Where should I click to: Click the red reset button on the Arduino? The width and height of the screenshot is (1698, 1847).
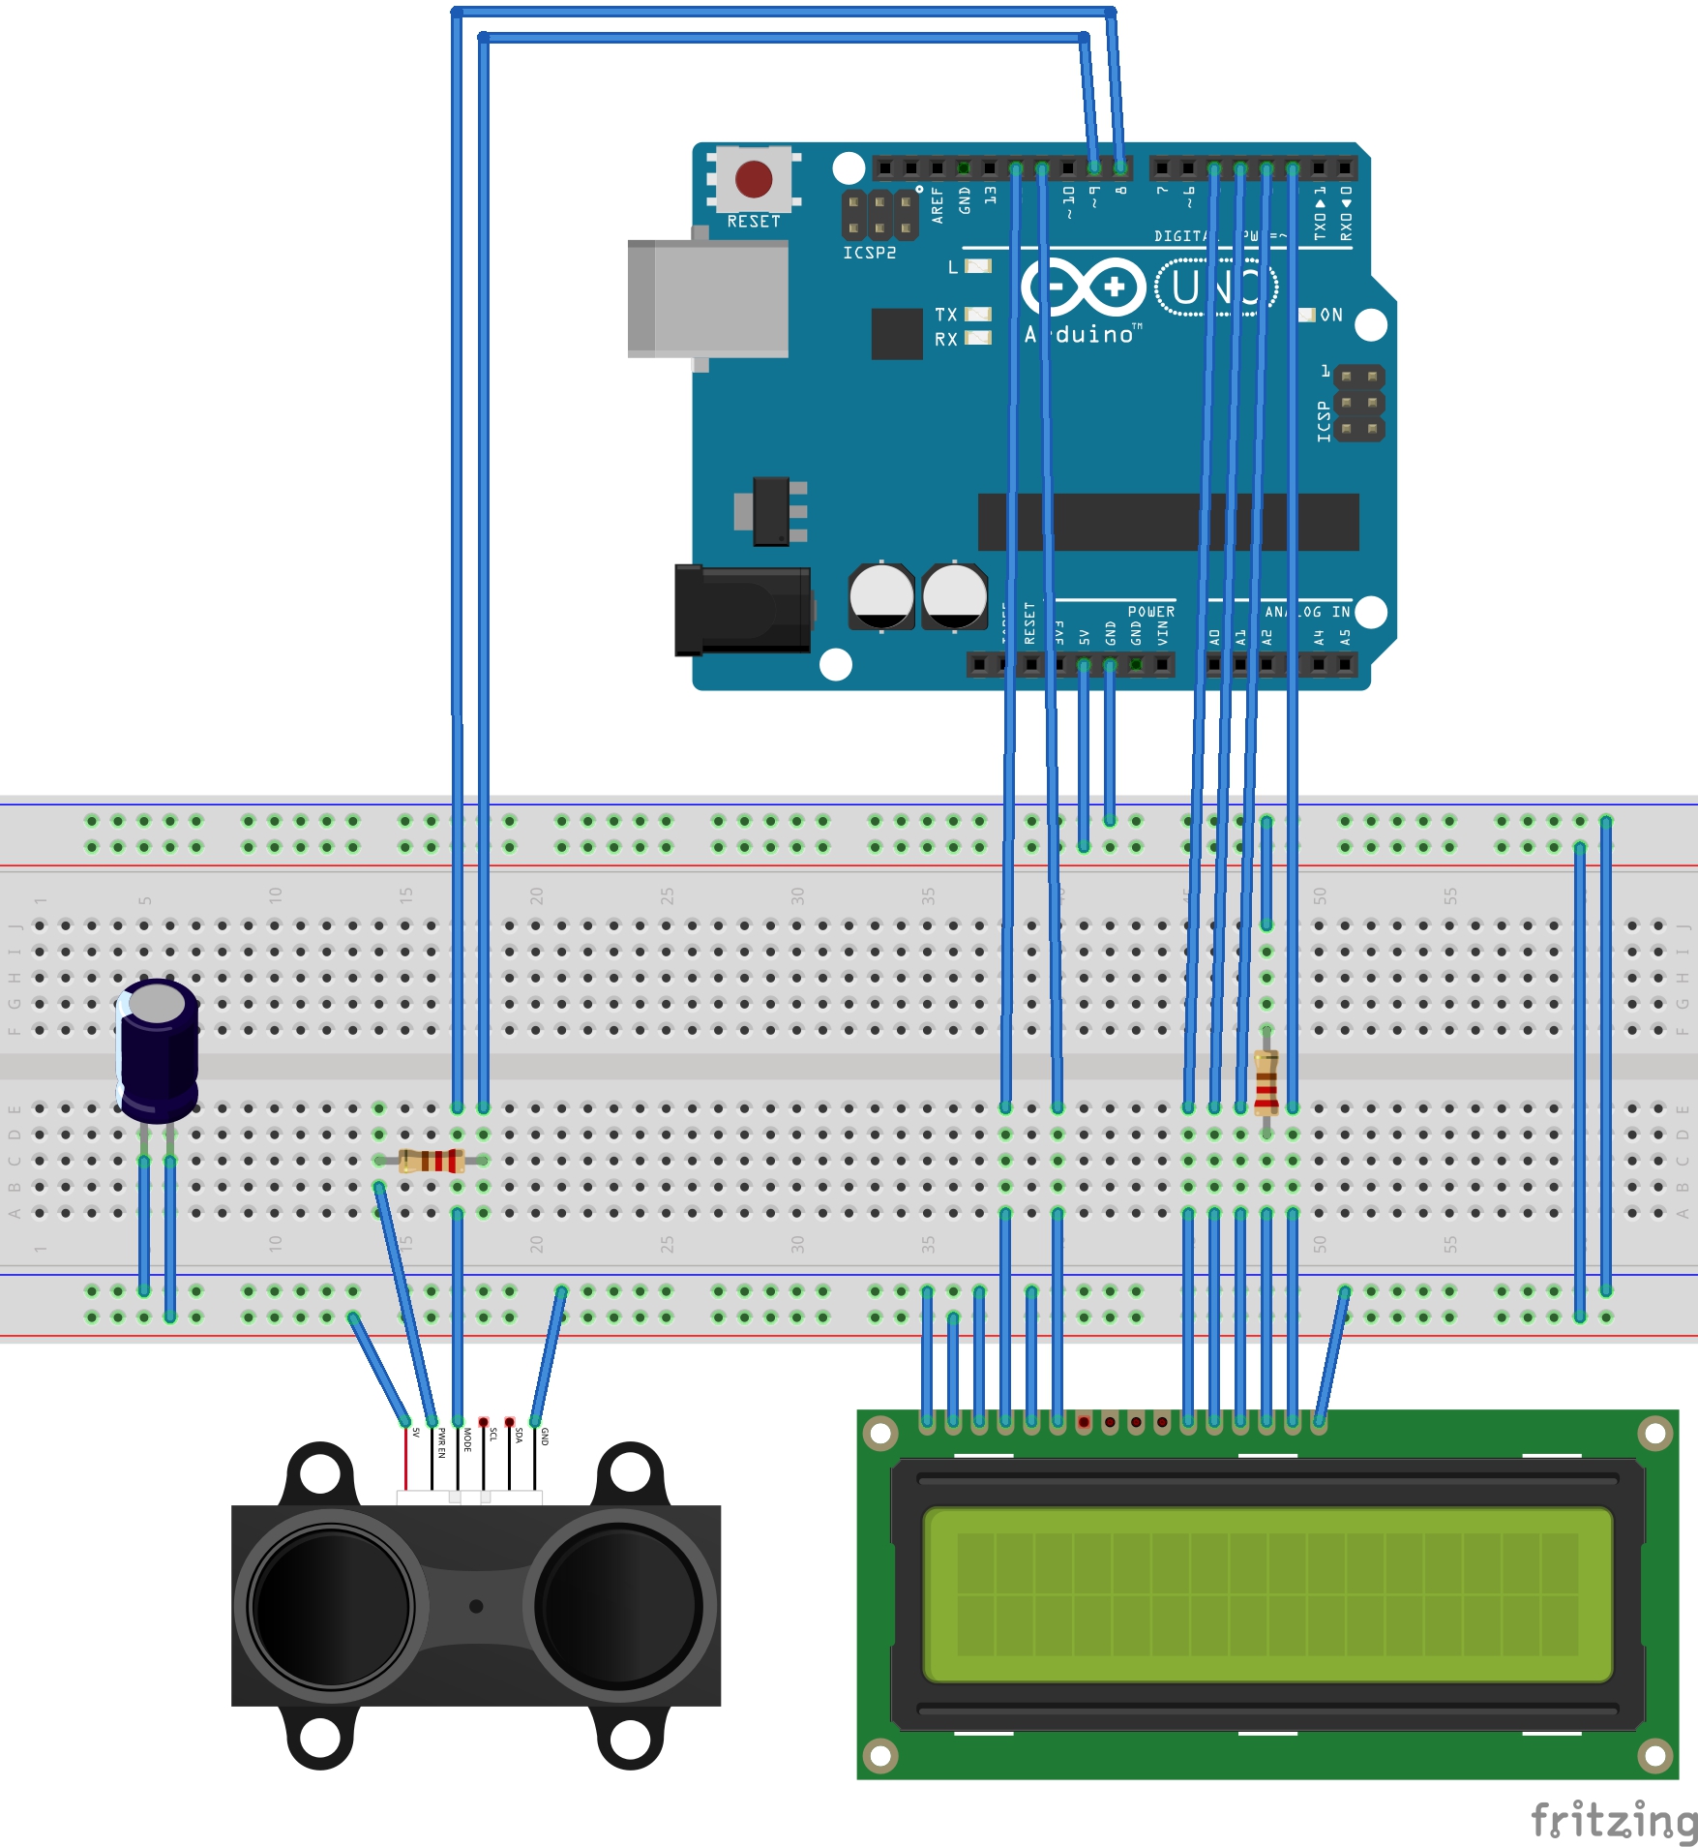click(754, 179)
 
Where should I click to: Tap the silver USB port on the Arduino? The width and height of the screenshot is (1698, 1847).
click(709, 299)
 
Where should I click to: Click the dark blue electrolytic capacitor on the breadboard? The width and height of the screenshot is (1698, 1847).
click(159, 1050)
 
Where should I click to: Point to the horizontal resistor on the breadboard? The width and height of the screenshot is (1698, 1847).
click(432, 1160)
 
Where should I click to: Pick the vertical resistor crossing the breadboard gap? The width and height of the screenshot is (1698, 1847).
click(1266, 1081)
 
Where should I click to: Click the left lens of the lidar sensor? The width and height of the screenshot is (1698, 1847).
click(331, 1607)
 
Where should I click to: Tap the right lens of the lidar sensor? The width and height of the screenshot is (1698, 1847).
click(619, 1607)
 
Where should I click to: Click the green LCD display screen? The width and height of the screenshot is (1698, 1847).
click(1267, 1593)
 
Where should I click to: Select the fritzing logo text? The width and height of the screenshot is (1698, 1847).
click(1614, 1820)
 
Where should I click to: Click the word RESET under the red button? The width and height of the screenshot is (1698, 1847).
click(754, 222)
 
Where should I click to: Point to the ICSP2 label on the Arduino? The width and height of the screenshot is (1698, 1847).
click(869, 253)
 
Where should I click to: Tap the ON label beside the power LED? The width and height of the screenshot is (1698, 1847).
click(1331, 315)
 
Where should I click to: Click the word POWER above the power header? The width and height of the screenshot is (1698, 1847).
click(1150, 612)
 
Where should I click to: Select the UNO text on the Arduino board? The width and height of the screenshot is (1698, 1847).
click(1216, 288)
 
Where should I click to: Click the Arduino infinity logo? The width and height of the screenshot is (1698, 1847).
click(1084, 287)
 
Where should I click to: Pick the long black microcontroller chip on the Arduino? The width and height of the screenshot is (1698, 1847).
click(1168, 522)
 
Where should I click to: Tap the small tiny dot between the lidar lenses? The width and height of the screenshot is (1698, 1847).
click(476, 1606)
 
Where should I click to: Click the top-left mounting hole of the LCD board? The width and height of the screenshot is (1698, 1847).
click(880, 1434)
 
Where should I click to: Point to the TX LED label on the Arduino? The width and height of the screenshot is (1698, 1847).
click(945, 315)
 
